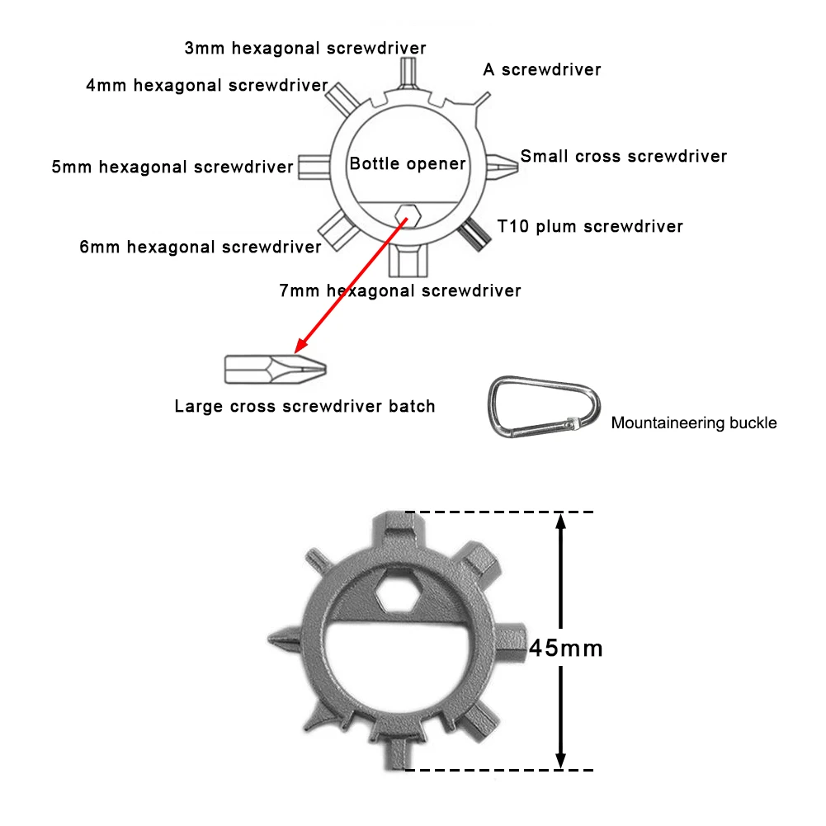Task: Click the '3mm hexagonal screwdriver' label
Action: coord(305,48)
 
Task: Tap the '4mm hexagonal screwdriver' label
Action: coord(207,85)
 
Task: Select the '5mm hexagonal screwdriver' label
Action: coord(172,168)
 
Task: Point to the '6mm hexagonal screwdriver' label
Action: coord(201,247)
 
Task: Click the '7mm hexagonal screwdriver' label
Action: coord(400,290)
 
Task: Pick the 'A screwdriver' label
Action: coord(542,69)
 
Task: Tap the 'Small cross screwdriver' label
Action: coord(624,156)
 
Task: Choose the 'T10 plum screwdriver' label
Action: coord(590,226)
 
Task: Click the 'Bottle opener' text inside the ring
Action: coord(408,163)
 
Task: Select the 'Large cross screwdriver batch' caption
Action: coord(304,406)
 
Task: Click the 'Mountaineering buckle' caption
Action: coord(694,423)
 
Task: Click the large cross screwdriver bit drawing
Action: coord(275,368)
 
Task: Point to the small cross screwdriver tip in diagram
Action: coord(504,164)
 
